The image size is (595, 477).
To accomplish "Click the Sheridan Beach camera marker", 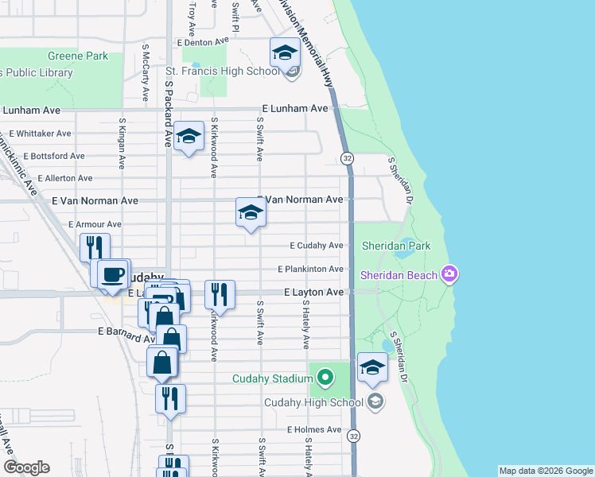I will tap(450, 275).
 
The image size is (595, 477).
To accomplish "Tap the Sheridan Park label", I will tap(396, 246).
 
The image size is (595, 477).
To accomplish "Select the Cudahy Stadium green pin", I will tap(325, 376).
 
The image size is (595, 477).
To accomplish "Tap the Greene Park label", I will tap(77, 56).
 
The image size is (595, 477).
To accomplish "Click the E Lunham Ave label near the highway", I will tap(295, 108).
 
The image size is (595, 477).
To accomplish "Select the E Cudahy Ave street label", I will tap(316, 246).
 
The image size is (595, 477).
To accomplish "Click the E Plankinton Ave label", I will tap(310, 270).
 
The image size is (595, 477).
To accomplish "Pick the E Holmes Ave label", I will tap(314, 430).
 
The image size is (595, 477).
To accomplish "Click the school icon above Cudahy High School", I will tap(371, 367).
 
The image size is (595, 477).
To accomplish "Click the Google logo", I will tap(26, 467).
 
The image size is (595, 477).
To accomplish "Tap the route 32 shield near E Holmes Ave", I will tap(354, 436).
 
